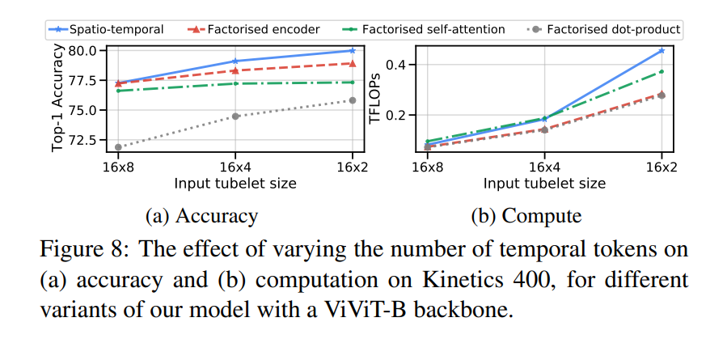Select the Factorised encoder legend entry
coord(260,30)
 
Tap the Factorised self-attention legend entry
coord(425,30)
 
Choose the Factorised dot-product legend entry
coord(603,30)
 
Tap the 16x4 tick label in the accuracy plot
coord(235,167)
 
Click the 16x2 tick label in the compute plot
coord(661,167)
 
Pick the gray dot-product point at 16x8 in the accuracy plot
coord(118,147)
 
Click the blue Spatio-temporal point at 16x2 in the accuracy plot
coord(353,50)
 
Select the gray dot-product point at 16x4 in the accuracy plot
coord(235,116)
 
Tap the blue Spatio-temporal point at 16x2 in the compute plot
coord(661,50)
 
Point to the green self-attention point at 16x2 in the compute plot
coord(661,71)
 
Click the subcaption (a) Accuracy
coord(201,216)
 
